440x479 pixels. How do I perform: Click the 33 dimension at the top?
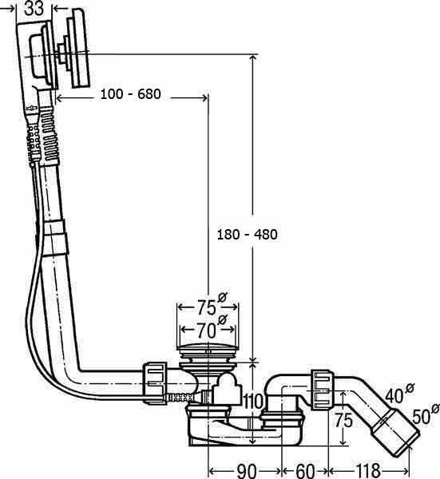[x=34, y=8]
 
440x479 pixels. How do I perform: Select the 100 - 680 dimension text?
[x=130, y=94]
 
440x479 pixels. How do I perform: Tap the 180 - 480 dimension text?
[x=248, y=234]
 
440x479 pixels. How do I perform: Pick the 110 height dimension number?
[x=253, y=401]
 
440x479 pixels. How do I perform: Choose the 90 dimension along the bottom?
[x=247, y=470]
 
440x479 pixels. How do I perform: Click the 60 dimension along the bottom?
[x=305, y=470]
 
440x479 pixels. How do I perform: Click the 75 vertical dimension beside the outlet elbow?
[x=343, y=420]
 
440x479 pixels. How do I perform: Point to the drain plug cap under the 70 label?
[x=208, y=347]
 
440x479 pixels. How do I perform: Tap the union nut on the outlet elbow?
[x=323, y=390]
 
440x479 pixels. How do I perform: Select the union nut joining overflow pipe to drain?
[x=155, y=383]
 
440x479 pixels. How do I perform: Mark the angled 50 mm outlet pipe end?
[x=396, y=431]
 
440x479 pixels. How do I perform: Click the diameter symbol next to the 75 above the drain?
[x=223, y=297]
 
